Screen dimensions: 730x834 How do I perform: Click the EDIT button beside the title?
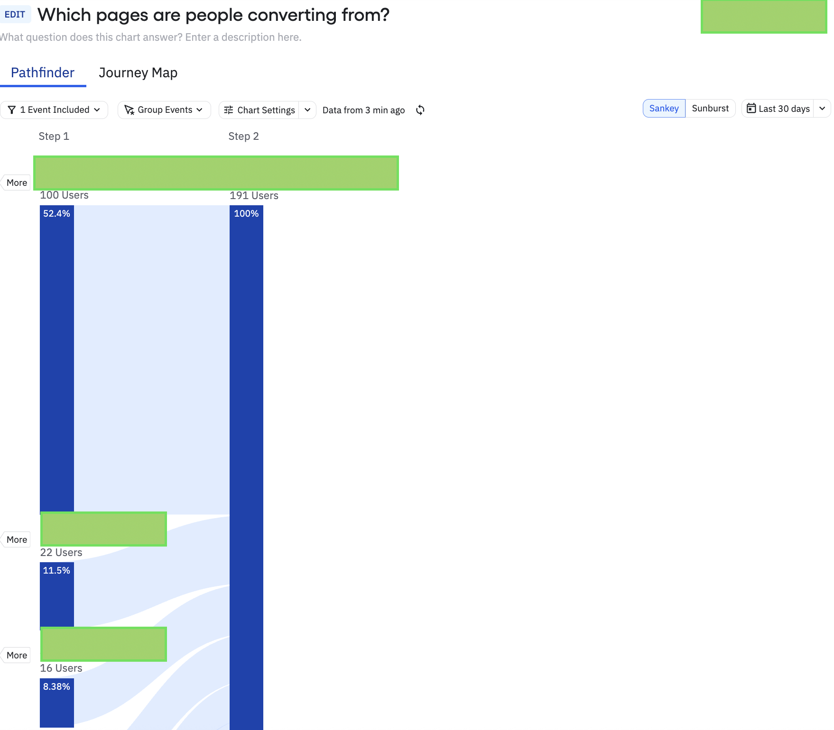(15, 15)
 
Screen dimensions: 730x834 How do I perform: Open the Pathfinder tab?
(43, 73)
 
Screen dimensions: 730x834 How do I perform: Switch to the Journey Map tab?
(138, 73)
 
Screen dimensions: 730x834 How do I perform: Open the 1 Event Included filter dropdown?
(55, 110)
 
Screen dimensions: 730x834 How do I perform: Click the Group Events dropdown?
(164, 110)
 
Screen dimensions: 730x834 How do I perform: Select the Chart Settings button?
(259, 110)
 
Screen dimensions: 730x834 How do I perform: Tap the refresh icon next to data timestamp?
(420, 110)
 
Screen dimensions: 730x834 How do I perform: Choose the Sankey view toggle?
(664, 109)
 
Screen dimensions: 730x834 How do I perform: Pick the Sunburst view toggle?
(710, 109)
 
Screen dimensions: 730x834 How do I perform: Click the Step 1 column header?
(54, 137)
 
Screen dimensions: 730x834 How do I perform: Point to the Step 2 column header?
(243, 137)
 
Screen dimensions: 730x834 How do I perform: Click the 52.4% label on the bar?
(56, 214)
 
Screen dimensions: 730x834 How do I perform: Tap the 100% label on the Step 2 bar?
(246, 214)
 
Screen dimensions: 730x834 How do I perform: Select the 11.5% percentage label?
(56, 571)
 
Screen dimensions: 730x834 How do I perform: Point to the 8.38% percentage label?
(56, 687)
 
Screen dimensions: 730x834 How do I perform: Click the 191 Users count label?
(254, 196)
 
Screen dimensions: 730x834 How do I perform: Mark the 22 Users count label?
(61, 553)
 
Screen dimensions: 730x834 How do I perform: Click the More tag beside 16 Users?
(17, 656)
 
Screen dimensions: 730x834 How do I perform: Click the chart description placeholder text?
(151, 37)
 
